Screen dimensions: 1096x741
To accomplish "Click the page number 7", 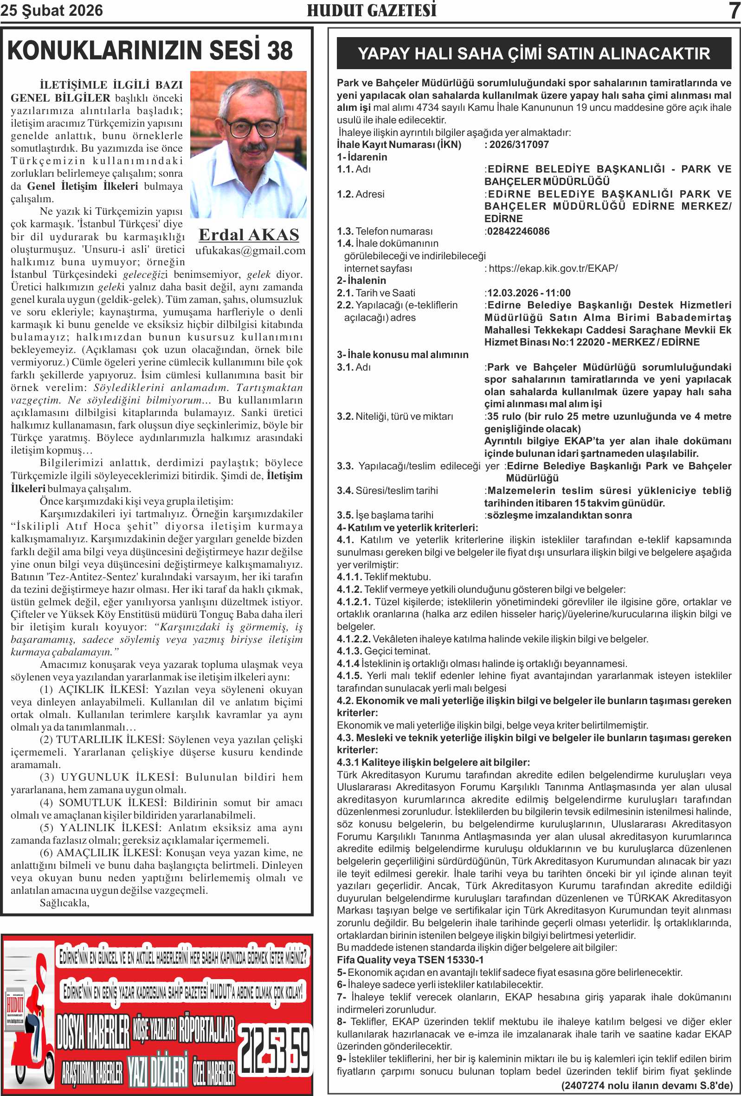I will tap(734, 10).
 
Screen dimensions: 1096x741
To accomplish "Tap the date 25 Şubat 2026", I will tap(52, 10).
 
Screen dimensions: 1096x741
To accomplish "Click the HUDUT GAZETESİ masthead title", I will tap(372, 10).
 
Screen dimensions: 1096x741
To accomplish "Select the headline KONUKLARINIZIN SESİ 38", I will tap(150, 51).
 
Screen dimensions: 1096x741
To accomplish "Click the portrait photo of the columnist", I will tap(248, 144).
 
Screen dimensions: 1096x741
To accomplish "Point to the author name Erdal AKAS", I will tap(249, 235).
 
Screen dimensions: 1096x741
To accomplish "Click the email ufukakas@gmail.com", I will tap(251, 250).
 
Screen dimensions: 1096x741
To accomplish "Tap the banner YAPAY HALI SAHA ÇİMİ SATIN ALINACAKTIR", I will tap(534, 53).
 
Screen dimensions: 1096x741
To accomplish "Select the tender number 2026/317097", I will tap(519, 145).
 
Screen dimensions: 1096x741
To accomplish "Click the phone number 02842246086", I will tap(518, 231).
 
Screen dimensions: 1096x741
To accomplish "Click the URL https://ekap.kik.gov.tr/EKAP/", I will tap(553, 269).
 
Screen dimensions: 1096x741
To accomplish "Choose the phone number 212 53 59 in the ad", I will tap(275, 1049).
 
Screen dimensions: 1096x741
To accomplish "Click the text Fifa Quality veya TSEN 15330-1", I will tap(410, 960).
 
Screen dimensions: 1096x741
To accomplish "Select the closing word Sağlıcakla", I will tap(64, 903).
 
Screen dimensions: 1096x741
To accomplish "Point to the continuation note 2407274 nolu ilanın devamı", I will tap(646, 1085).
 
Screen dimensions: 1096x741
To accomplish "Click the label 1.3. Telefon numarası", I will tap(384, 231).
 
